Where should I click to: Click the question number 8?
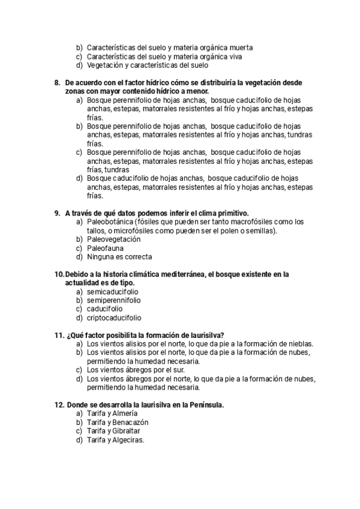point(57,82)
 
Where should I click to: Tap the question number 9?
point(57,212)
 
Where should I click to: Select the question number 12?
point(59,405)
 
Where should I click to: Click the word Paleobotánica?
point(110,221)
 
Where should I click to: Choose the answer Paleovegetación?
point(113,239)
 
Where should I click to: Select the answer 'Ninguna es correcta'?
point(119,256)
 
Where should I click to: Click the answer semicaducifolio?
point(112,292)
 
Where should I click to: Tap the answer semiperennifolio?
point(114,300)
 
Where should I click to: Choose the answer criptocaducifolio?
point(115,318)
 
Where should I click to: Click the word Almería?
point(124,414)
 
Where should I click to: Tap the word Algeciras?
point(128,439)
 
